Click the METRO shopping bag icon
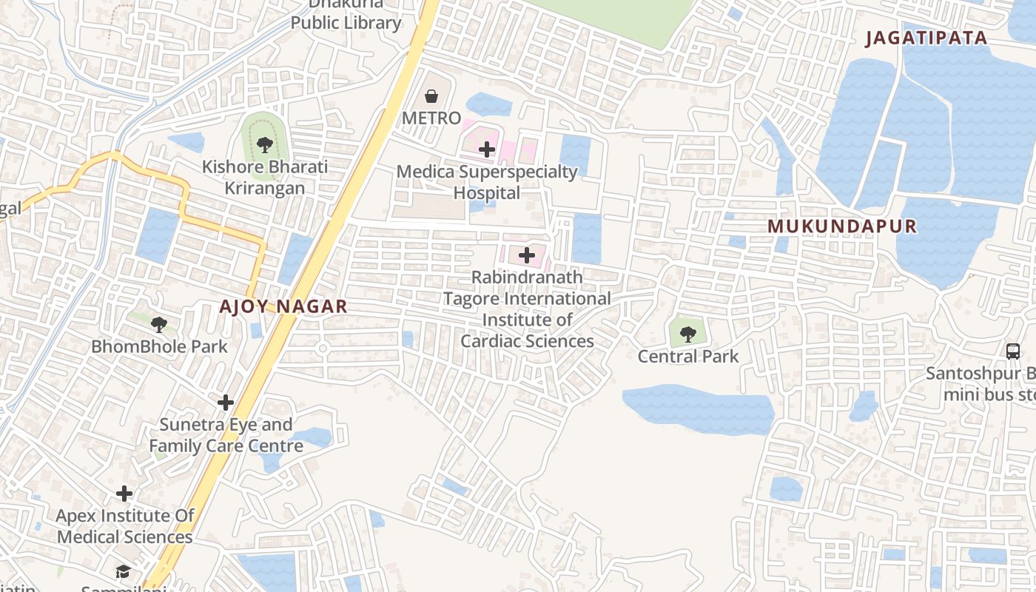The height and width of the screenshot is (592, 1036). pos(431,96)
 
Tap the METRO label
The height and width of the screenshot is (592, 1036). pos(431,118)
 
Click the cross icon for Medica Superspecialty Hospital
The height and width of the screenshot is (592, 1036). pos(486,149)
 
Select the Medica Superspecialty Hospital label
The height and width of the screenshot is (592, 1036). pos(486,182)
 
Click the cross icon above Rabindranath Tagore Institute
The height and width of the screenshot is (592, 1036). pos(527,256)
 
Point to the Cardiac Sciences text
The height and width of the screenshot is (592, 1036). pos(527,341)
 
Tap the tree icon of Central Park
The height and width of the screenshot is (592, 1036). pos(688,334)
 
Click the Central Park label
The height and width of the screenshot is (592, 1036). pos(688,357)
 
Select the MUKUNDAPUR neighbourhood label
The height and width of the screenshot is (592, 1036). pos(842,226)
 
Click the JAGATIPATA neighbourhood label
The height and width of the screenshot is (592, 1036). pos(926,38)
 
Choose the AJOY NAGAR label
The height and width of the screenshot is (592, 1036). pos(283,306)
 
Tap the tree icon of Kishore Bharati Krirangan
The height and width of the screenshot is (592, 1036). pos(264,144)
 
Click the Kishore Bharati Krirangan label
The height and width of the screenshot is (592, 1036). pos(265,178)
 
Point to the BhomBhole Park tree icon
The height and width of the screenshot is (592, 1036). pos(158,324)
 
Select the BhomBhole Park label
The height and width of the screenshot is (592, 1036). pos(159,346)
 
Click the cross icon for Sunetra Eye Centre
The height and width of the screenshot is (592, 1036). pos(226,403)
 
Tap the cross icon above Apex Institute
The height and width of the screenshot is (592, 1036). pos(124,494)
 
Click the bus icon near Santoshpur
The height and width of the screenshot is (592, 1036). pos(1013,351)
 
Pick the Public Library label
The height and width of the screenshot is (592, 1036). pos(346,23)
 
